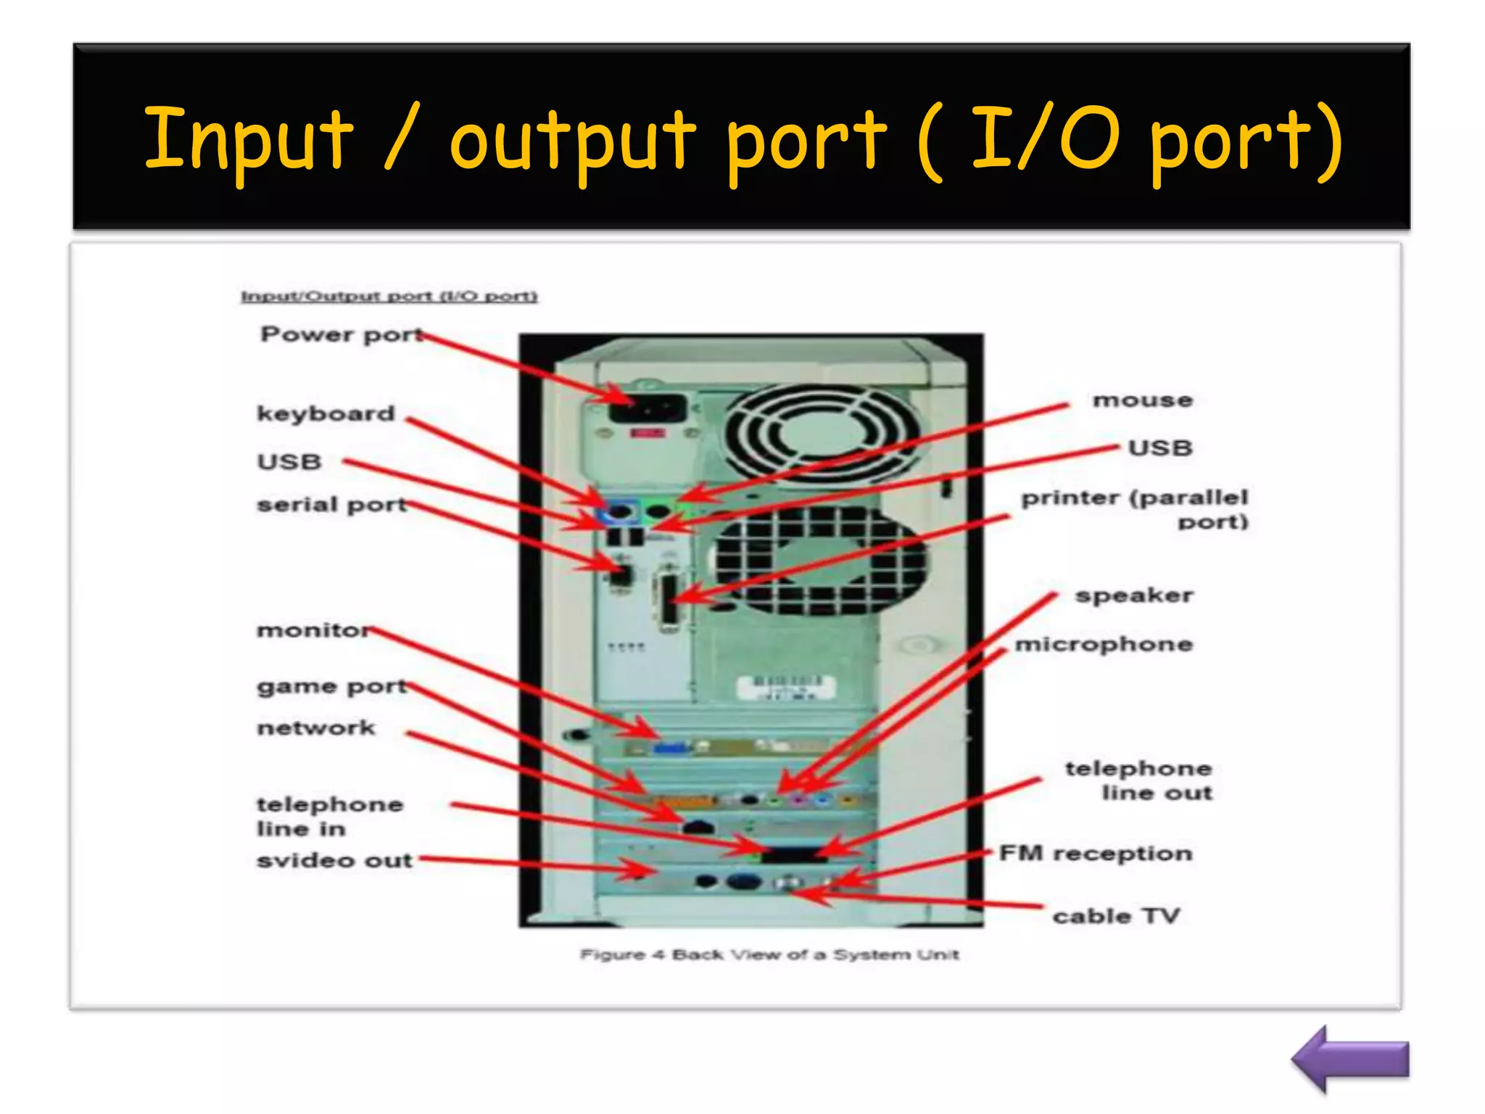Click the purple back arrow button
1350,1060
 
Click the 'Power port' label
341,334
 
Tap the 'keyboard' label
326,413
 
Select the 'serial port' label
331,505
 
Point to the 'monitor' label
314,630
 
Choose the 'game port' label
331,687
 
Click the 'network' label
316,727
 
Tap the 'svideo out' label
334,860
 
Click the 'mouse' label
1143,400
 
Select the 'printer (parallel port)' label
1136,509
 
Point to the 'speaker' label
1134,596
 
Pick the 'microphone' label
1104,645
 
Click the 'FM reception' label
1096,854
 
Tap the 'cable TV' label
1117,916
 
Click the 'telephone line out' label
1139,780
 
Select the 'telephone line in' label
329,816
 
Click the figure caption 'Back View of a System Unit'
769,954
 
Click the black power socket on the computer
648,409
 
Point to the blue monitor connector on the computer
672,747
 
